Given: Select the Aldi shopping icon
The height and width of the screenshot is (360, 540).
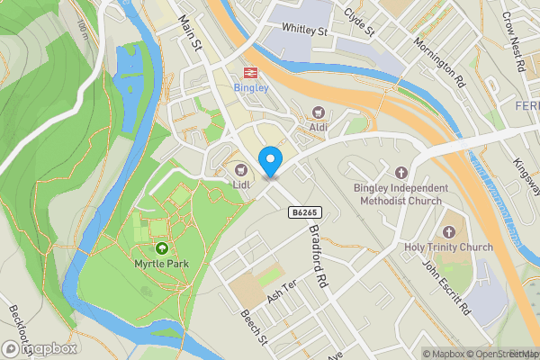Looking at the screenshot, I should [318, 112].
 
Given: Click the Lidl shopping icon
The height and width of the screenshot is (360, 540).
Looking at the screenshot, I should [240, 170].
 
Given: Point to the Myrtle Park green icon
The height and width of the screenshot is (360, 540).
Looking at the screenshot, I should [162, 247].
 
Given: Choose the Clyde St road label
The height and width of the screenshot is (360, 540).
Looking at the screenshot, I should [359, 24].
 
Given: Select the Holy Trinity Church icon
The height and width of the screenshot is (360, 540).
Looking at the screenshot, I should [449, 231].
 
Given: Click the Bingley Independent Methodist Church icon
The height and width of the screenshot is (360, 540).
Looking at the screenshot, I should [401, 172].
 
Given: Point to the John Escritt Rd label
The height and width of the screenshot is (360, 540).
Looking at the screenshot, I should [447, 287].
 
